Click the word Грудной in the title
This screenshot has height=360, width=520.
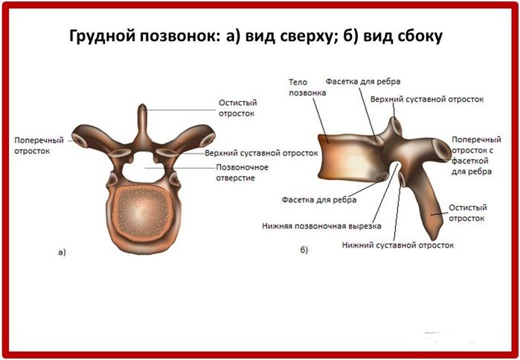click(x=103, y=36)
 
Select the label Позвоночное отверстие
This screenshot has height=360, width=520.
click(x=242, y=173)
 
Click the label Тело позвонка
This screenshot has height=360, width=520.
click(x=307, y=87)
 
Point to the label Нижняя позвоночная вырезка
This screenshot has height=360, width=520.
click(x=321, y=226)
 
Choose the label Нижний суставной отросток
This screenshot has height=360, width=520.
click(x=398, y=245)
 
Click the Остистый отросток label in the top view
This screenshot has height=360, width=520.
click(x=237, y=108)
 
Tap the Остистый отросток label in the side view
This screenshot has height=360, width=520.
click(x=468, y=213)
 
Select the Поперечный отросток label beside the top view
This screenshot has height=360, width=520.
click(x=39, y=146)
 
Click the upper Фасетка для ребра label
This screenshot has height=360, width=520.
click(x=363, y=81)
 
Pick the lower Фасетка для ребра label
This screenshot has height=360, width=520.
click(x=319, y=199)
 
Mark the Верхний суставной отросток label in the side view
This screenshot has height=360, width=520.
click(x=427, y=99)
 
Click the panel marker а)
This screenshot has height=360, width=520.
click(x=62, y=252)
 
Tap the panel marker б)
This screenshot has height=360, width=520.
click(x=304, y=250)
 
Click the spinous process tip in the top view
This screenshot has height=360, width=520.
click(x=142, y=107)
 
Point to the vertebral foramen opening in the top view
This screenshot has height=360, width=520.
click(x=143, y=168)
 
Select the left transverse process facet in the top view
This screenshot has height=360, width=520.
click(x=80, y=141)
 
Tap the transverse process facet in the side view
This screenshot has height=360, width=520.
click(x=442, y=151)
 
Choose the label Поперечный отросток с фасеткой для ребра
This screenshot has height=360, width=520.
click(x=476, y=155)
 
